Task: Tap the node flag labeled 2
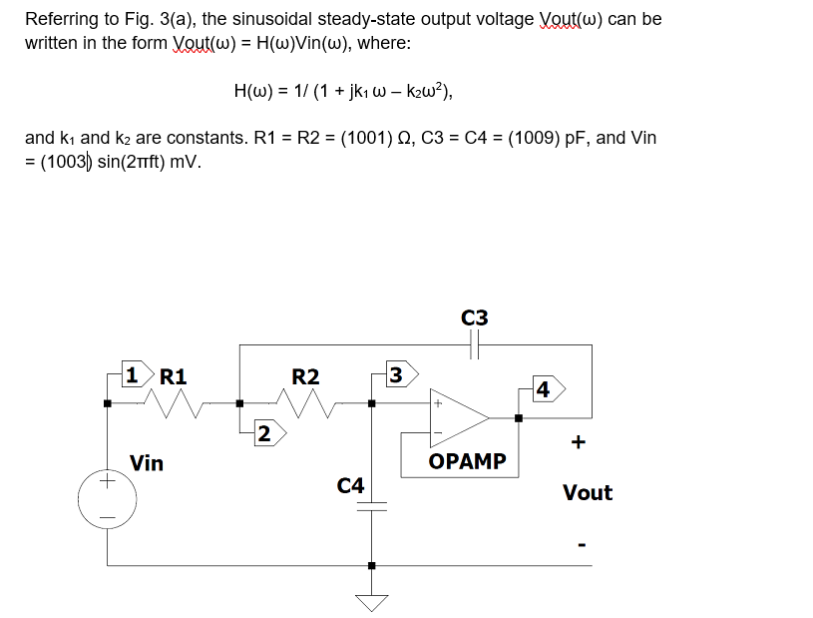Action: click(x=263, y=432)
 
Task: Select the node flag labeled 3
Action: click(x=397, y=376)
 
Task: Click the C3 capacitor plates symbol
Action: click(x=475, y=345)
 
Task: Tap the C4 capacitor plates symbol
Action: click(x=372, y=505)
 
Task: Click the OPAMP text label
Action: click(x=467, y=461)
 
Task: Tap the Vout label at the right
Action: click(x=588, y=492)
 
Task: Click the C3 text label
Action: click(x=475, y=317)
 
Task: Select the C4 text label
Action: click(x=350, y=485)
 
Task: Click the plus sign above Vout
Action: click(x=579, y=440)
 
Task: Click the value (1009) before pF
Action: click(x=540, y=138)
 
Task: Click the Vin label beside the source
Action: click(x=147, y=462)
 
